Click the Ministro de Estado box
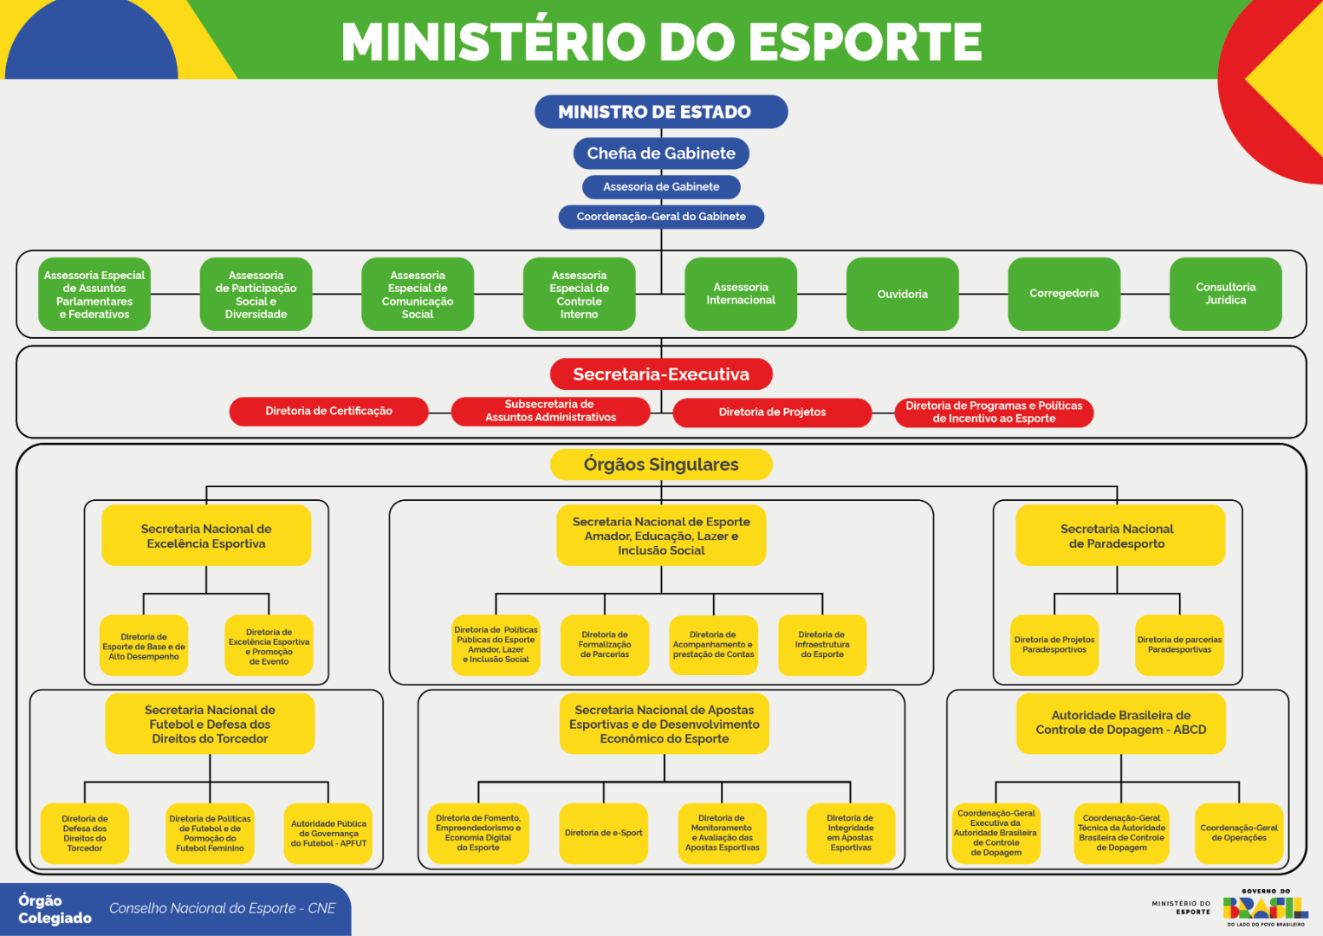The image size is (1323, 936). click(x=661, y=112)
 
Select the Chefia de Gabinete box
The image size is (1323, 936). click(x=661, y=153)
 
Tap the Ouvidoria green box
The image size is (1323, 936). click(x=902, y=294)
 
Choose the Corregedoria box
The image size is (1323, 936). click(x=1064, y=294)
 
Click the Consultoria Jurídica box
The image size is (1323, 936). click(x=1225, y=294)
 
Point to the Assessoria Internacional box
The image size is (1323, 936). click(x=741, y=294)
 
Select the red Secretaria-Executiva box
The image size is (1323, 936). click(x=661, y=374)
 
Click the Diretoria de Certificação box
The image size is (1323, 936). click(x=328, y=412)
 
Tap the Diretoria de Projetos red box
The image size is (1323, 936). click(x=772, y=413)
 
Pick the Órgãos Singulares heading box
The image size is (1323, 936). click(x=661, y=465)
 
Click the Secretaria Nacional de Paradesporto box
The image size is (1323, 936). click(x=1117, y=536)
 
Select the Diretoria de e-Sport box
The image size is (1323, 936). click(x=604, y=833)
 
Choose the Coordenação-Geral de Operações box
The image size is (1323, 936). click(x=1239, y=833)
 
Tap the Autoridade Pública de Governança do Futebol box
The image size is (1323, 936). click(x=328, y=833)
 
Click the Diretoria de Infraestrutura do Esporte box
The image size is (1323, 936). click(x=822, y=645)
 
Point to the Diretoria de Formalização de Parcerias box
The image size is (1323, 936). click(x=605, y=645)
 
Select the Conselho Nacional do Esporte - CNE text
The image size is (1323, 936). click(x=222, y=908)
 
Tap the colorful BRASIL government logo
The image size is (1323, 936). click(x=1265, y=907)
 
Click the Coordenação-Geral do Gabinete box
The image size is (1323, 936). click(x=661, y=217)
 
